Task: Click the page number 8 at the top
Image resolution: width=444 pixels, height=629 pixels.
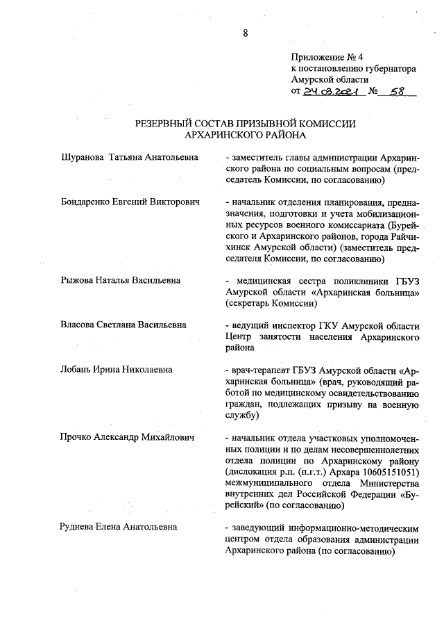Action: [x=245, y=33]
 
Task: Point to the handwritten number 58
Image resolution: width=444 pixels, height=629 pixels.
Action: [x=397, y=91]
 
